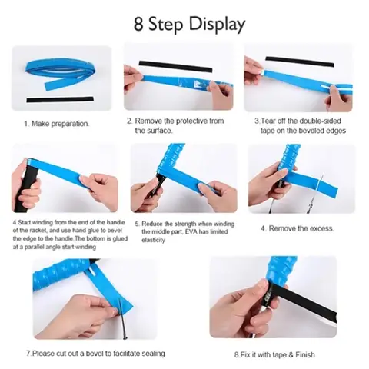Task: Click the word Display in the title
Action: point(217,25)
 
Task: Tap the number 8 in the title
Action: point(138,24)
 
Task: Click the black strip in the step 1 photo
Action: point(60,99)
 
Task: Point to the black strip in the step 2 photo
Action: point(175,66)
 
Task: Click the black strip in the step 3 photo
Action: point(300,62)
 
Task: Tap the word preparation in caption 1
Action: point(70,124)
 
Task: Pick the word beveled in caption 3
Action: point(310,131)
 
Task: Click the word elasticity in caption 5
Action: point(153,240)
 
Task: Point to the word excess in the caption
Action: point(321,228)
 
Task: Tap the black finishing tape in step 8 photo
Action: point(299,301)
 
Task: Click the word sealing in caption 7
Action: point(153,354)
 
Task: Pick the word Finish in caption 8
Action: point(305,355)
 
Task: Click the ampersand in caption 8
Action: point(291,355)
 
